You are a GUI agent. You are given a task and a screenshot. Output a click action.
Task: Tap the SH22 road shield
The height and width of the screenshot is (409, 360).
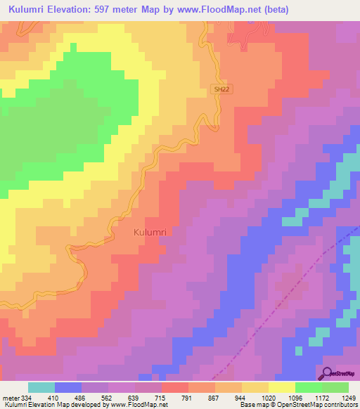coord(221,89)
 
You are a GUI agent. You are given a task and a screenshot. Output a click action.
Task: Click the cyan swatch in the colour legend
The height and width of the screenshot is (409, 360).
coord(41,387)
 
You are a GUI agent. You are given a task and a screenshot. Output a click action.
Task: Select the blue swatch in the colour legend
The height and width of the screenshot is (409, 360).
coord(68,387)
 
